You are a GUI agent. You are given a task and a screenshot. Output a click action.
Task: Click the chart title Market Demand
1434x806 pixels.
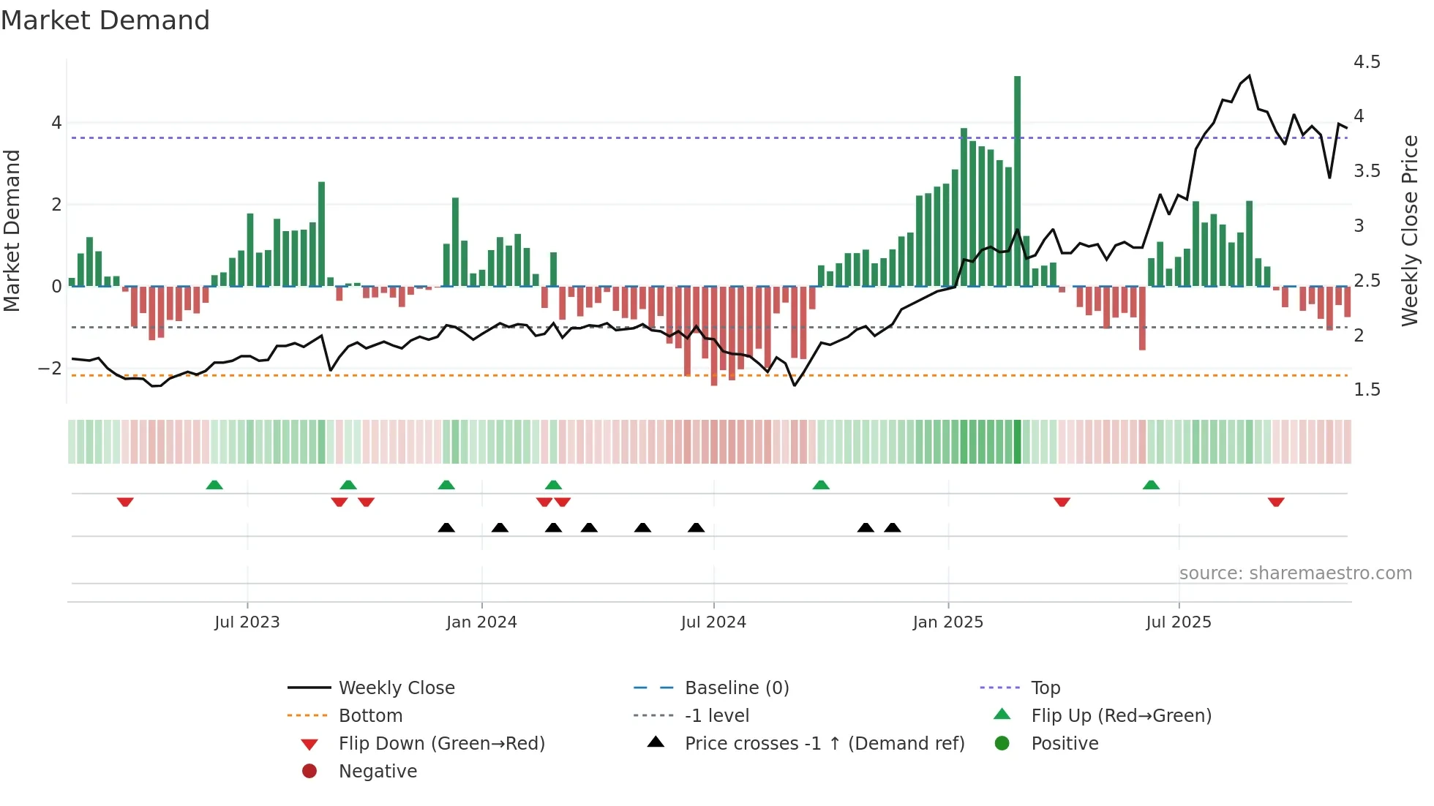pyautogui.click(x=105, y=20)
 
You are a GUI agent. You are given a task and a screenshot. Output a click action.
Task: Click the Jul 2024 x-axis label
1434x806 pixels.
pyautogui.click(x=713, y=622)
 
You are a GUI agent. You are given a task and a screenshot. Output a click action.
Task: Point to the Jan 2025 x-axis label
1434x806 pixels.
pyautogui.click(x=948, y=622)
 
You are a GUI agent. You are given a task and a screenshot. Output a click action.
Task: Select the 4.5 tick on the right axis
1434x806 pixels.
pyautogui.click(x=1367, y=62)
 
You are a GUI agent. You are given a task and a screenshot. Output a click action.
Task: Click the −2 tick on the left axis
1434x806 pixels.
pyautogui.click(x=50, y=368)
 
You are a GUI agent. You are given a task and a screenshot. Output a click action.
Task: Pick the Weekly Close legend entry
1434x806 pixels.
pyautogui.click(x=396, y=688)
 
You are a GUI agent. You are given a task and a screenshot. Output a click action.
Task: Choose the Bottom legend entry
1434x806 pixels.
pyautogui.click(x=370, y=715)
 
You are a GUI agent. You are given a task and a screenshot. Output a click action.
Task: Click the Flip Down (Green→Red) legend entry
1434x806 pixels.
pyautogui.click(x=441, y=743)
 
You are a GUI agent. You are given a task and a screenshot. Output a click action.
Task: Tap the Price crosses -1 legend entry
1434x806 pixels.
pyautogui.click(x=825, y=743)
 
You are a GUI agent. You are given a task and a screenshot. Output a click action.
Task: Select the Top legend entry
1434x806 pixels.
pyautogui.click(x=1046, y=688)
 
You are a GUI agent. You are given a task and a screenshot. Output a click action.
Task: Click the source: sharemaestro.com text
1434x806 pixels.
pyautogui.click(x=1295, y=573)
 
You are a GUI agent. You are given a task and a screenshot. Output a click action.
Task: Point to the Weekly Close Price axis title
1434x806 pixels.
pyautogui.click(x=1410, y=230)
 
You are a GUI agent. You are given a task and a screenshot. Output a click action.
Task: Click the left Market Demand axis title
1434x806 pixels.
pyautogui.click(x=12, y=230)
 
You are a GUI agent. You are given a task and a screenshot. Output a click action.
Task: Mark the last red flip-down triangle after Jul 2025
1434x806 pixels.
pyautogui.click(x=1276, y=502)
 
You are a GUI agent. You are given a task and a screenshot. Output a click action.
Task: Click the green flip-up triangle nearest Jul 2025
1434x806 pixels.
pyautogui.click(x=1151, y=485)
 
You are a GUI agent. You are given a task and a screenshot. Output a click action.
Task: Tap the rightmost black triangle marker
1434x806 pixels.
pyautogui.click(x=892, y=527)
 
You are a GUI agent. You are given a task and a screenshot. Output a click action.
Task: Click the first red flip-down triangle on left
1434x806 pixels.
pyautogui.click(x=125, y=502)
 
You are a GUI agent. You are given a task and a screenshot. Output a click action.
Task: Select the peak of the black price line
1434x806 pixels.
pyautogui.click(x=1249, y=75)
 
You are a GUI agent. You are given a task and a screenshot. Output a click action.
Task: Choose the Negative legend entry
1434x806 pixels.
pyautogui.click(x=378, y=771)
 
